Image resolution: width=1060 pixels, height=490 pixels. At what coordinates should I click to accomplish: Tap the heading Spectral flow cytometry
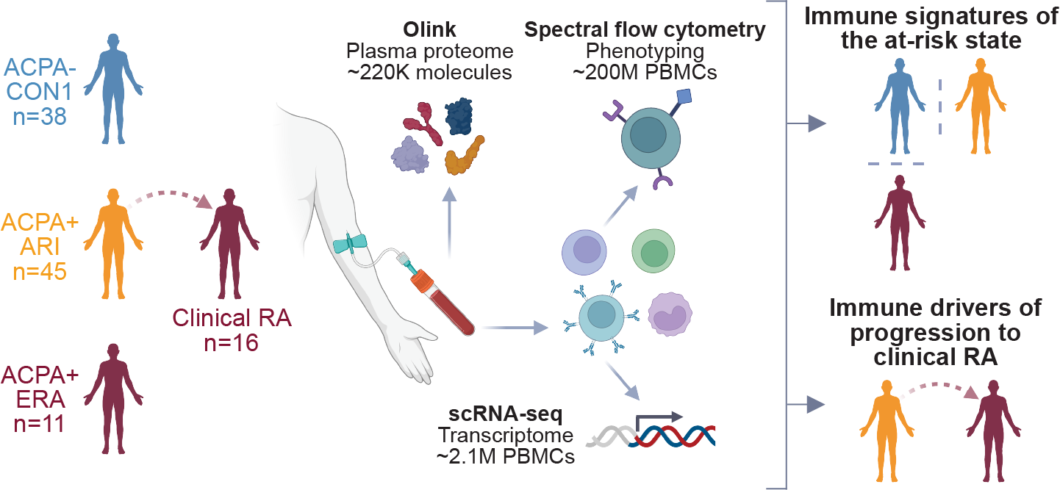pyautogui.click(x=645, y=31)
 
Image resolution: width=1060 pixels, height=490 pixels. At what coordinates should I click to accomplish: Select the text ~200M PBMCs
pyautogui.click(x=645, y=73)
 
